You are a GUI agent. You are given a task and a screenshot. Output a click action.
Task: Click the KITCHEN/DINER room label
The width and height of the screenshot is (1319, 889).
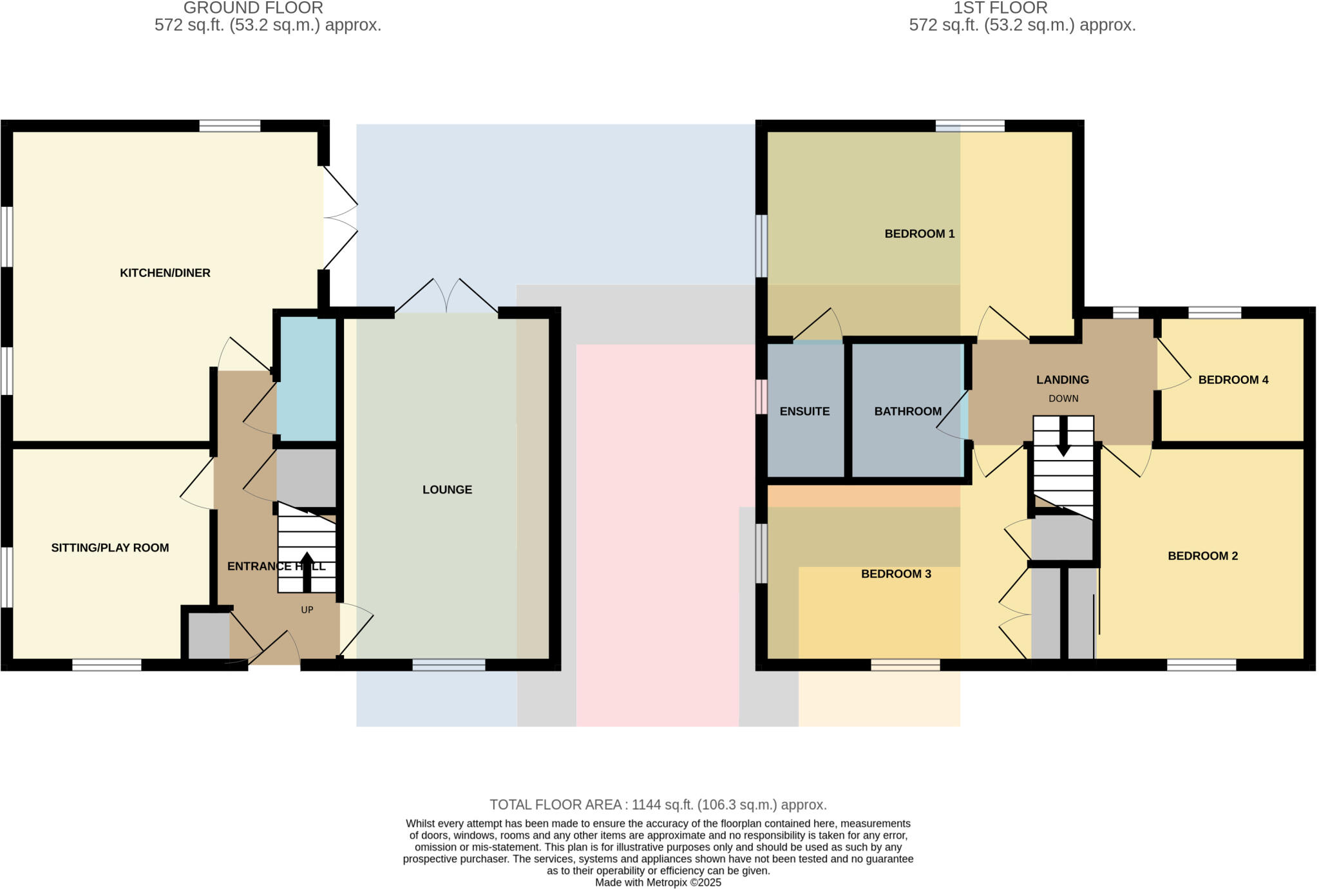click(x=165, y=273)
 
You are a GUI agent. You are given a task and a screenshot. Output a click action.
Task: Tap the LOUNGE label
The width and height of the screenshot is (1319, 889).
click(x=447, y=490)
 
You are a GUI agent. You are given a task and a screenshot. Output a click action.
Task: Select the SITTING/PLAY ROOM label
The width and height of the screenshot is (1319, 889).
click(x=110, y=548)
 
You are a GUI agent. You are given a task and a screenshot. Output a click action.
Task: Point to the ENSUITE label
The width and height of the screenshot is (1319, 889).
click(x=804, y=412)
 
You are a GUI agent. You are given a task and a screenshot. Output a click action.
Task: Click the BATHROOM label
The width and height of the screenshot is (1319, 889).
click(x=907, y=412)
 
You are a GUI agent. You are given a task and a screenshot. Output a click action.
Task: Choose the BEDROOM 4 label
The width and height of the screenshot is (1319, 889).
click(x=1233, y=380)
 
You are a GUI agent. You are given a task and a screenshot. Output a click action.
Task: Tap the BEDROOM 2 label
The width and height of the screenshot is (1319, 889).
click(x=1202, y=556)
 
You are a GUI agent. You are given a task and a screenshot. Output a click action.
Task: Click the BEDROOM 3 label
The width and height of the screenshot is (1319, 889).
click(x=896, y=574)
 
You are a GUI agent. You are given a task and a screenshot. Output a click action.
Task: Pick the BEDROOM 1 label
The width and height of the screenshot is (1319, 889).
click(x=919, y=234)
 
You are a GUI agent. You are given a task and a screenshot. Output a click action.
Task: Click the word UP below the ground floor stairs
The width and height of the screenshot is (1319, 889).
click(x=307, y=609)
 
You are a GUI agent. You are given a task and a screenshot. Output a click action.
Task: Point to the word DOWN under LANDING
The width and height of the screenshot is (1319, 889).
click(x=1063, y=399)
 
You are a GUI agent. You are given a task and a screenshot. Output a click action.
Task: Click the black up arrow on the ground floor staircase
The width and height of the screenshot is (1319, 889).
click(x=307, y=571)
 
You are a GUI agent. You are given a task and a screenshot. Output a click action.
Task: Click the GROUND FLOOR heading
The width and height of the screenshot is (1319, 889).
click(x=253, y=8)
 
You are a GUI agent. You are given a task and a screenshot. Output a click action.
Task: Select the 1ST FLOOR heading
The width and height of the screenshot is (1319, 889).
click(x=1000, y=8)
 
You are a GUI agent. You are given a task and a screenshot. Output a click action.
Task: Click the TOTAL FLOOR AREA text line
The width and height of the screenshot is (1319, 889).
click(x=658, y=805)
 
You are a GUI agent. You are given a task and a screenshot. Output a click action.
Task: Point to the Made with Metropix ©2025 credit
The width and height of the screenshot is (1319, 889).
click(x=658, y=883)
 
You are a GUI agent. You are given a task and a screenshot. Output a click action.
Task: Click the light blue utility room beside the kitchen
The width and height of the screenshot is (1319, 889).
click(x=307, y=379)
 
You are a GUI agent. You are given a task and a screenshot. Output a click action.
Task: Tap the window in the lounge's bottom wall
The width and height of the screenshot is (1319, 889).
click(x=449, y=665)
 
